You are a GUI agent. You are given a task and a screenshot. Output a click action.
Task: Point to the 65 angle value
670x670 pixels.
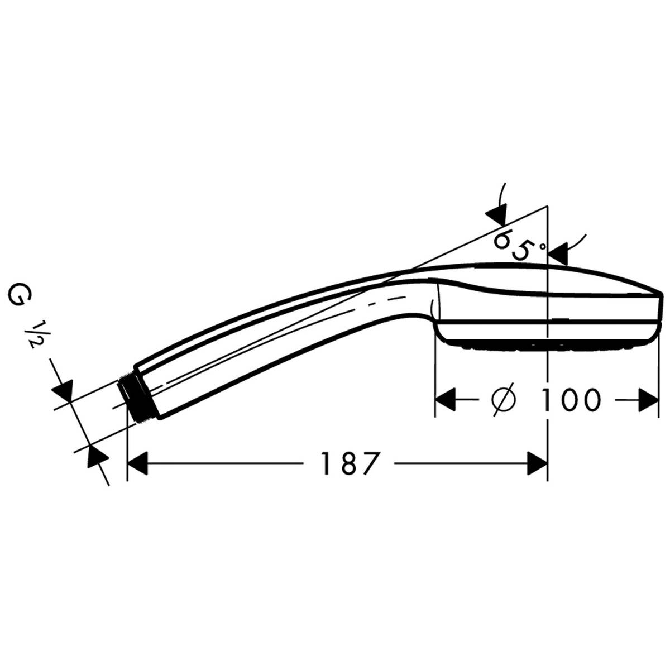pyautogui.click(x=512, y=245)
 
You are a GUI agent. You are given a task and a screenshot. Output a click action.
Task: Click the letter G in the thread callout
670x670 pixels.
pyautogui.click(x=17, y=295)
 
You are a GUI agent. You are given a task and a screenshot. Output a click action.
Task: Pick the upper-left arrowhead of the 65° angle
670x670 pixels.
pyautogui.click(x=496, y=215)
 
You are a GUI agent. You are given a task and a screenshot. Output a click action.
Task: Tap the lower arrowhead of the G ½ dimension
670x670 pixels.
pyautogui.click(x=95, y=455)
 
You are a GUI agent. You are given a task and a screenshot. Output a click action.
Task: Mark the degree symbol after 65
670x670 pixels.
pyautogui.click(x=540, y=245)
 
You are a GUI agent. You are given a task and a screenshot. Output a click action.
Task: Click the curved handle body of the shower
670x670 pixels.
pyautogui.click(x=268, y=341)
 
